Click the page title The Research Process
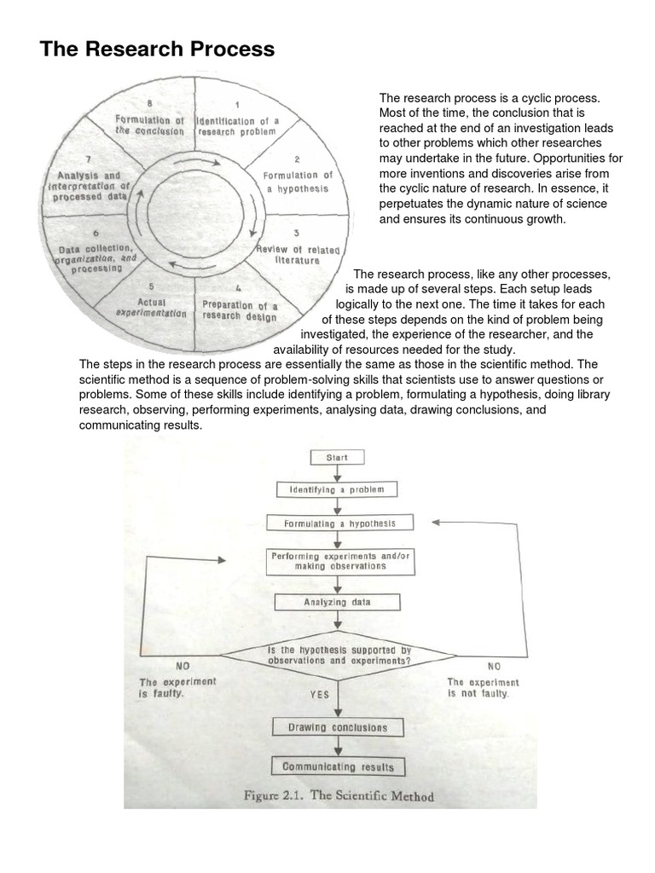pos(157,49)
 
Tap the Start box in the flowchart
pos(338,458)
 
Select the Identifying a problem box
pos(337,490)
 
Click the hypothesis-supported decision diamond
pos(339,656)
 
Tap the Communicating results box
pos(339,766)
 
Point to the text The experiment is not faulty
pos(483,687)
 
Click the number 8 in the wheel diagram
pos(150,103)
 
